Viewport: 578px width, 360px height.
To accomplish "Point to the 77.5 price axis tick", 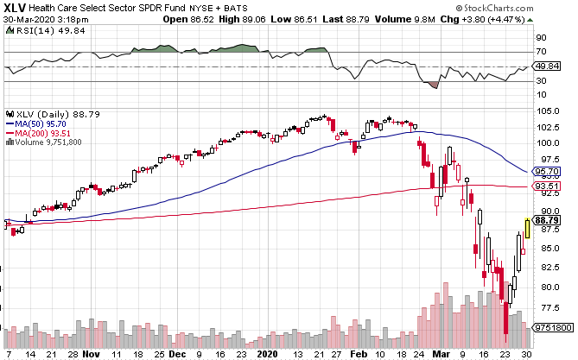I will click(546, 307).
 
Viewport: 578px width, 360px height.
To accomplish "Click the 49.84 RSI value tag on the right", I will click(548, 66).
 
